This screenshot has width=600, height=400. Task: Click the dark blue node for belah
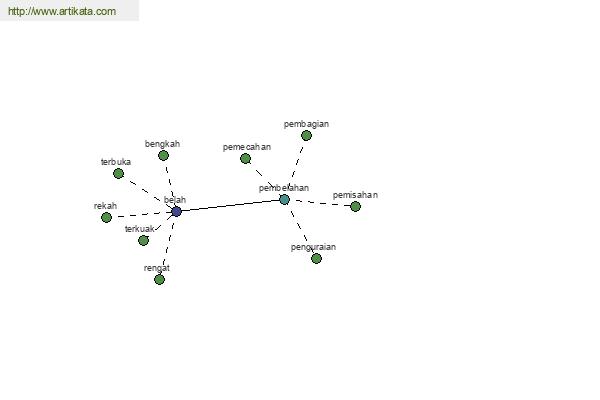click(x=176, y=211)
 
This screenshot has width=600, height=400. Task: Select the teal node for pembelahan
click(x=284, y=199)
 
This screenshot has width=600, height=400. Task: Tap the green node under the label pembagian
click(x=306, y=136)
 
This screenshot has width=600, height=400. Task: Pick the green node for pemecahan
click(x=245, y=158)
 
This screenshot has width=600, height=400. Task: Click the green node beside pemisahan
click(x=355, y=206)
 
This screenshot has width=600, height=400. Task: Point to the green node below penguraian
click(x=316, y=258)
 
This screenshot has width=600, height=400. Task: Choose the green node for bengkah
click(x=163, y=155)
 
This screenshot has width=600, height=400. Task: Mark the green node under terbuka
click(x=119, y=173)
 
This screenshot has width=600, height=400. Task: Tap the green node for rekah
click(x=106, y=217)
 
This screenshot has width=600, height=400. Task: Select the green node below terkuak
click(x=143, y=240)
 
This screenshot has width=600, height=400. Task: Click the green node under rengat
click(x=160, y=279)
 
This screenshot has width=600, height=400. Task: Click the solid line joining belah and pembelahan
click(x=230, y=206)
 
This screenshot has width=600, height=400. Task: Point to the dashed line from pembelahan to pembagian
click(x=296, y=165)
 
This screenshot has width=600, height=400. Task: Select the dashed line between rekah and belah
click(x=141, y=215)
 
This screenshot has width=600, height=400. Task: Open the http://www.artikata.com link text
click(x=62, y=11)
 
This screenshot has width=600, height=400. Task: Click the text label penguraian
click(x=313, y=247)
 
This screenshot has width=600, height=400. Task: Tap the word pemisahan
click(x=355, y=195)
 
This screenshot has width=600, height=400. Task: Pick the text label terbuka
click(x=116, y=162)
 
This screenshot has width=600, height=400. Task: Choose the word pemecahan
click(x=247, y=147)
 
